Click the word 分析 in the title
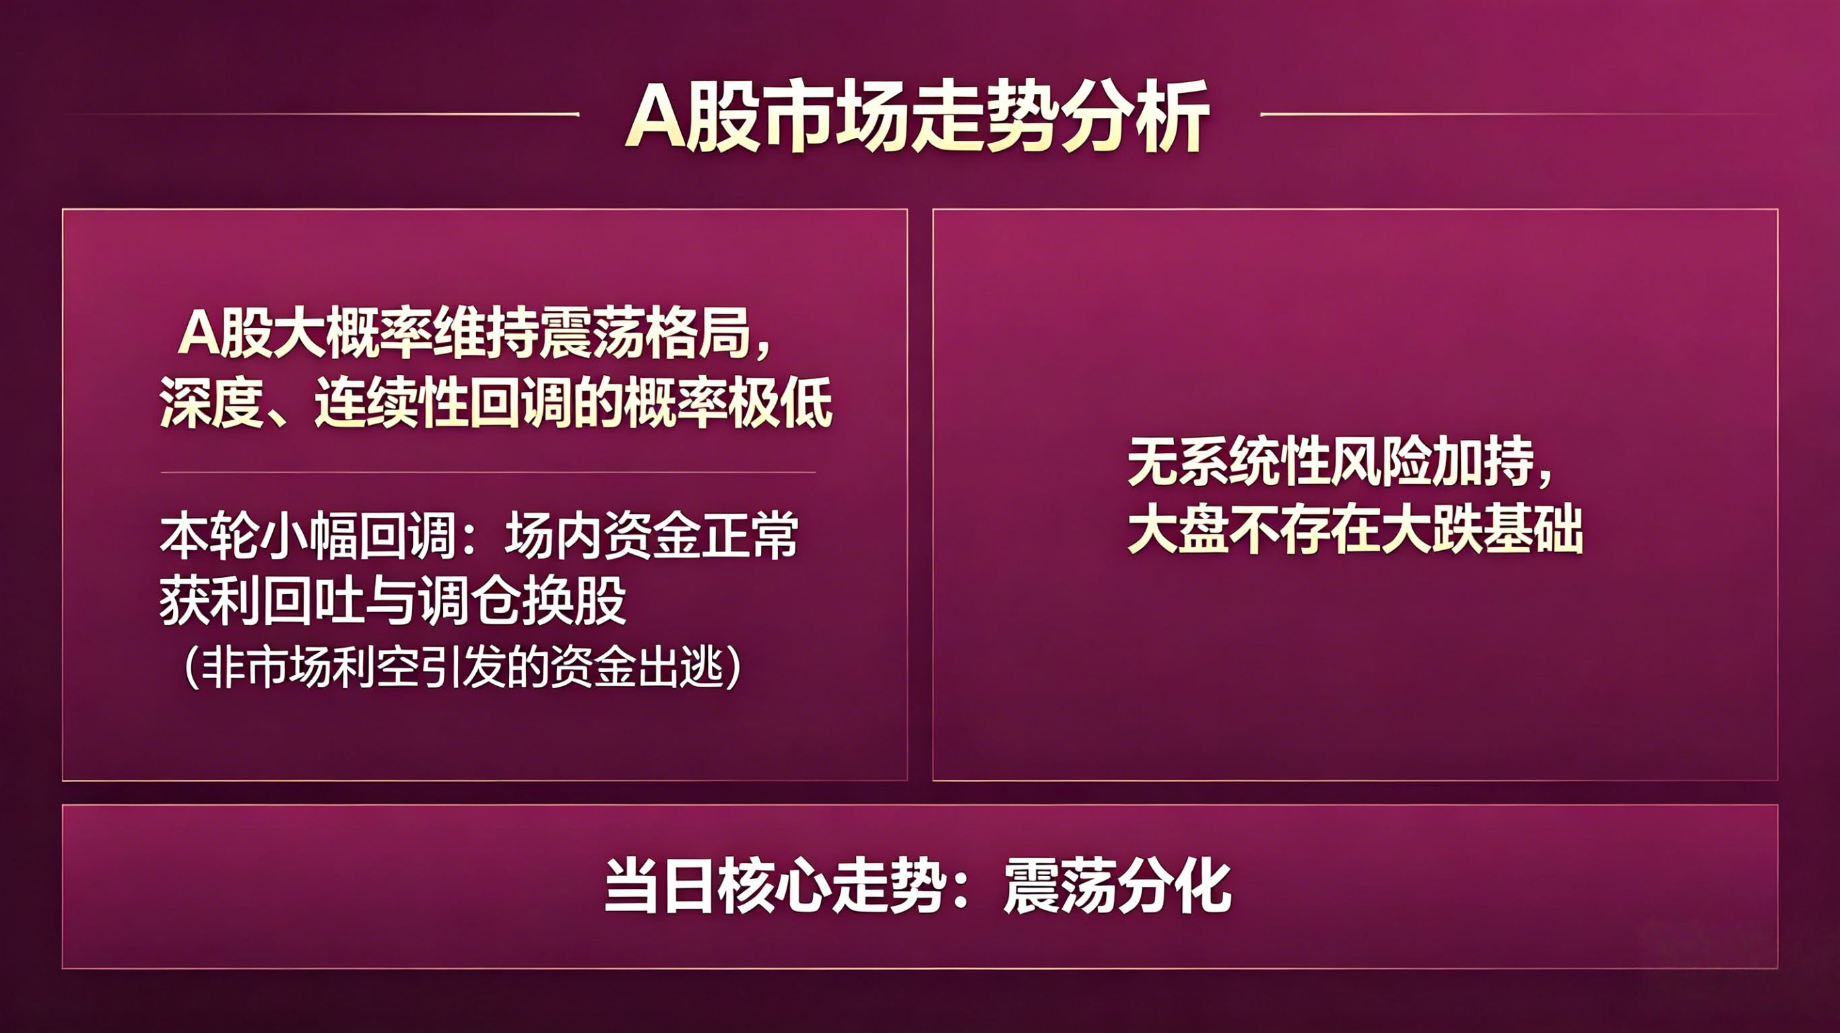[x=1136, y=116]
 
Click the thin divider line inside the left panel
[x=488, y=472]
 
